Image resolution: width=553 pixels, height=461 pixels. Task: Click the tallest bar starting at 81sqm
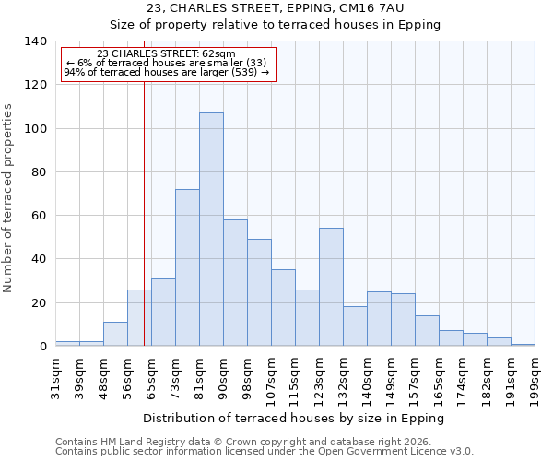(x=211, y=230)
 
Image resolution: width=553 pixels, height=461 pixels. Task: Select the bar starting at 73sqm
(x=187, y=267)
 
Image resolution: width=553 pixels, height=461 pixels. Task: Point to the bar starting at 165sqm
(x=451, y=338)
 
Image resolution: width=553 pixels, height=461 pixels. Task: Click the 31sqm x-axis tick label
(x=55, y=372)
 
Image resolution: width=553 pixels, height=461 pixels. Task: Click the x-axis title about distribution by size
(x=294, y=418)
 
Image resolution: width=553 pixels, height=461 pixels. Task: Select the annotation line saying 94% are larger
(x=167, y=72)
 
